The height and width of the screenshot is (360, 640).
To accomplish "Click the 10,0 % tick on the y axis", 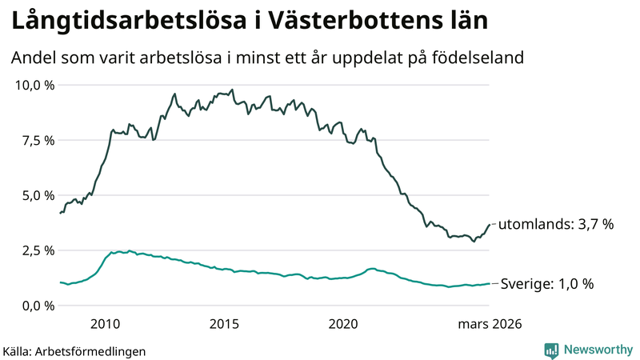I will click(x=34, y=85).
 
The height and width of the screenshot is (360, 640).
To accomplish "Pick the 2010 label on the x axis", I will click(x=106, y=324).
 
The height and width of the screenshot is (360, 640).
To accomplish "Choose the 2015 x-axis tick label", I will click(x=225, y=324).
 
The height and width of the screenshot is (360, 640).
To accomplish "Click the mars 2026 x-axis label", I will click(x=490, y=324).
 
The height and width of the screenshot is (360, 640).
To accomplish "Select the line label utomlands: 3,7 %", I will click(x=556, y=225).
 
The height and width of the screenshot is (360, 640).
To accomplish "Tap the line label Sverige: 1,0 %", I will click(x=546, y=283).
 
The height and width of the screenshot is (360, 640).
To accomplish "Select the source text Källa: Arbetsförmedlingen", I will click(x=74, y=351).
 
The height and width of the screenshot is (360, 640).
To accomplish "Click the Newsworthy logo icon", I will click(x=551, y=350).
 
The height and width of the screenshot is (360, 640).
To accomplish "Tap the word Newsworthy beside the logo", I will click(x=597, y=350).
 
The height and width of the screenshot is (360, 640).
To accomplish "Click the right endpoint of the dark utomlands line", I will click(x=490, y=225).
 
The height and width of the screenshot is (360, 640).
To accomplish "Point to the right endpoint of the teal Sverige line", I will click(x=490, y=283).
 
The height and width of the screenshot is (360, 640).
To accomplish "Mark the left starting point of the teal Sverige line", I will click(x=61, y=282).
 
